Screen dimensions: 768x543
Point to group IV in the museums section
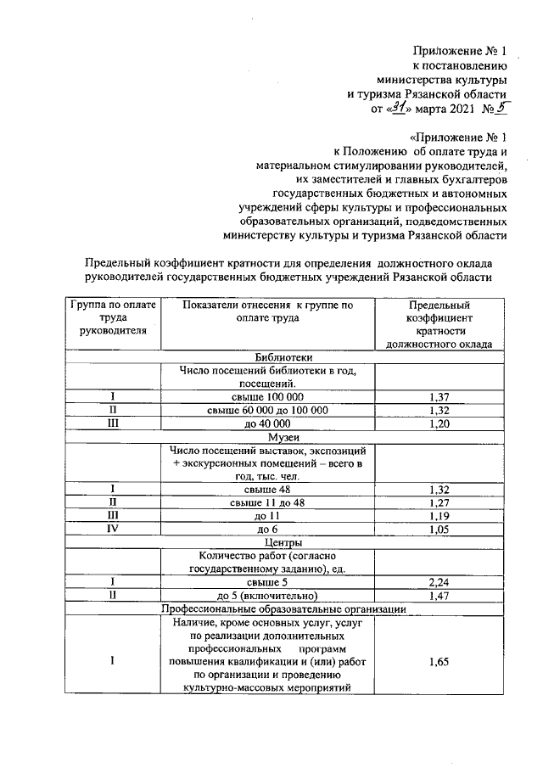[112, 528]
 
